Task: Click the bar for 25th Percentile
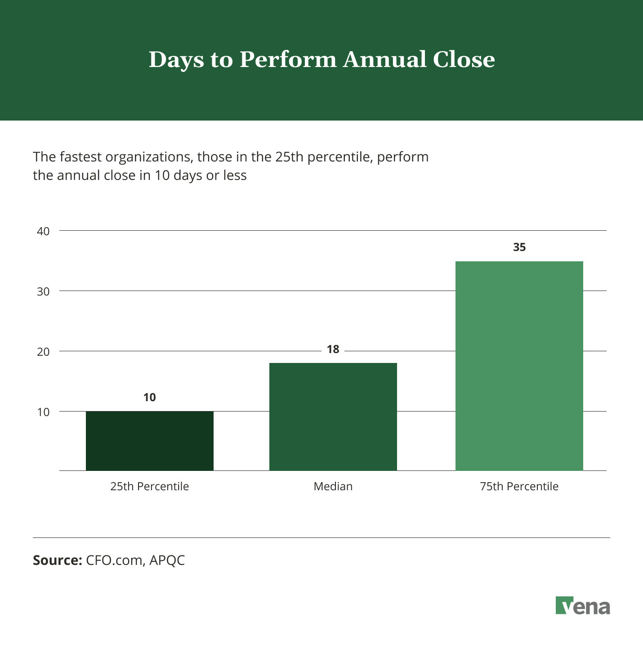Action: [149, 441]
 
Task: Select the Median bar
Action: [333, 416]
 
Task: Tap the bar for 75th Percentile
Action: [519, 366]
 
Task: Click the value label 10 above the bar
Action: [149, 397]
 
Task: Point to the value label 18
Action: [333, 349]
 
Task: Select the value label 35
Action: [519, 247]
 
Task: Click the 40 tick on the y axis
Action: [43, 232]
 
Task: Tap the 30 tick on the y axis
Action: [43, 291]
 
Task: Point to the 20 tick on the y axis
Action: [43, 352]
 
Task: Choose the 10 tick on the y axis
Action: [43, 412]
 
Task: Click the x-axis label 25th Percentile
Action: [149, 486]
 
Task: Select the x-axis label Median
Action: [333, 486]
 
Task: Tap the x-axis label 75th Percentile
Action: [519, 486]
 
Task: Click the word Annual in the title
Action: [384, 59]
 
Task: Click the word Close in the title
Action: [464, 59]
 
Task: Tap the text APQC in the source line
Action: [167, 560]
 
